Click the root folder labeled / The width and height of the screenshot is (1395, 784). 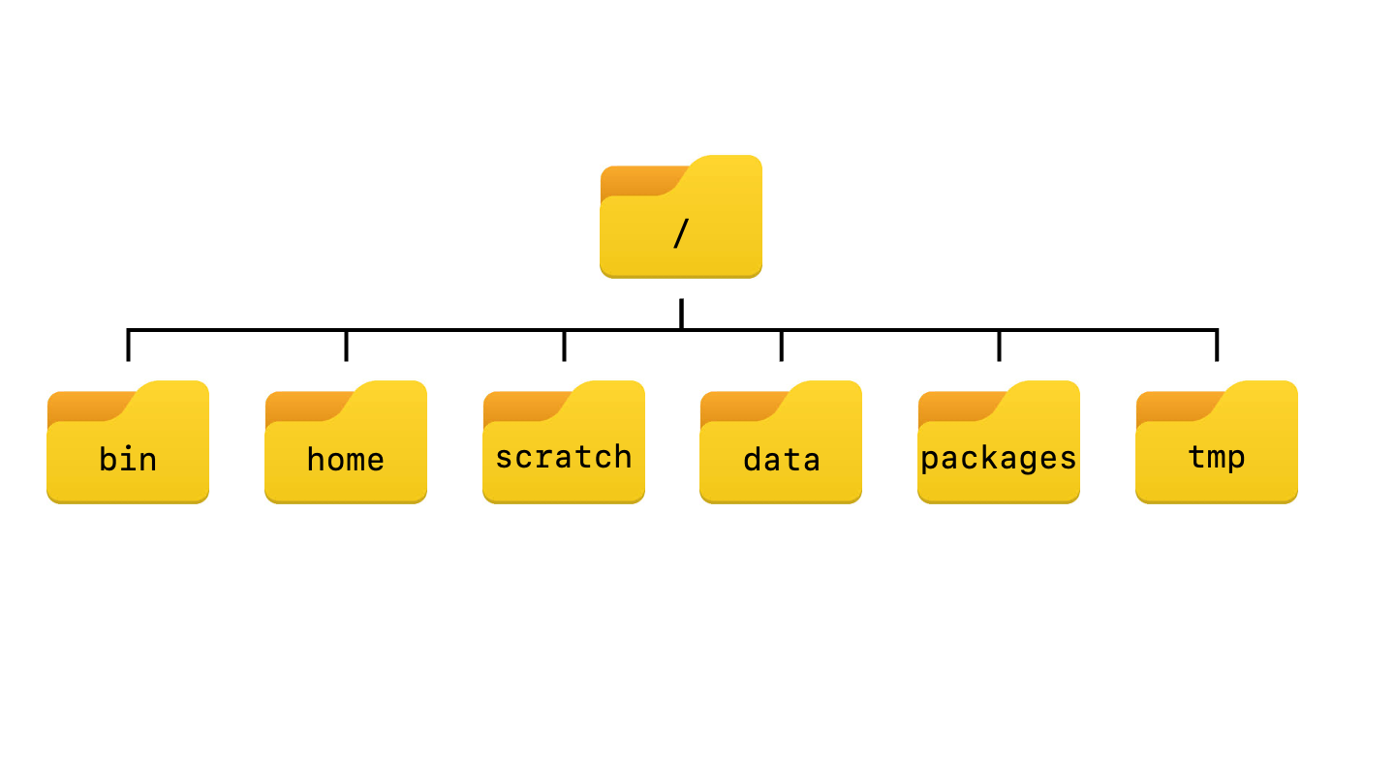point(681,218)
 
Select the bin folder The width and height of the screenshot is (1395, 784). point(128,443)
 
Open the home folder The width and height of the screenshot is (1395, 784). point(346,443)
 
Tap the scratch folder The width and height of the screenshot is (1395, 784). point(564,443)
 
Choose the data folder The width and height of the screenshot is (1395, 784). point(781,443)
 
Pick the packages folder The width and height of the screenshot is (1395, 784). point(999,443)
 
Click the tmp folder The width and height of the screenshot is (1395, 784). point(1217,443)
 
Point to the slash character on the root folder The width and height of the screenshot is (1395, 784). point(681,234)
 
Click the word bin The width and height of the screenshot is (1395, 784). point(128,459)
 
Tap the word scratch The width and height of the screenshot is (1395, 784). point(564,457)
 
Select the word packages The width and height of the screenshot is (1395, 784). point(999,458)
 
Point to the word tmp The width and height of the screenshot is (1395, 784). point(1217,458)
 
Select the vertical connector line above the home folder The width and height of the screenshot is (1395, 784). point(346,347)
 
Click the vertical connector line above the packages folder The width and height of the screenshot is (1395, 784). point(999,347)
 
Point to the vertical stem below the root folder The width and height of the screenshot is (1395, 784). point(681,313)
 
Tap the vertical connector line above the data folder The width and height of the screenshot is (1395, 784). point(781,347)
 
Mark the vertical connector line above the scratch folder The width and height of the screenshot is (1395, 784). point(564,347)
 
